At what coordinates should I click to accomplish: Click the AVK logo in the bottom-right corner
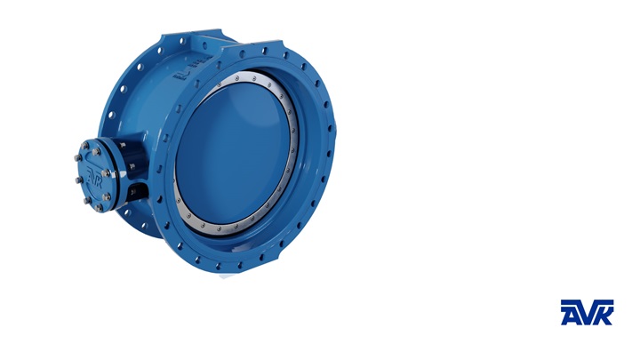587,312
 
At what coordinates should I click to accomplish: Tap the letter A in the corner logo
571,312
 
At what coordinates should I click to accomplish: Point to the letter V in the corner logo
587,312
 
